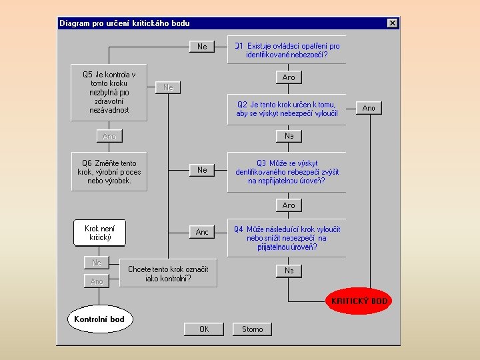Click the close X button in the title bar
pos(392,23)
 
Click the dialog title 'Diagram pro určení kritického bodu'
pos(125,23)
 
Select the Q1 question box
pos(287,50)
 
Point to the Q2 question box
pos(287,109)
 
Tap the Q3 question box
pos(287,171)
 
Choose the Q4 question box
pos(287,238)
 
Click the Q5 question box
pos(109,92)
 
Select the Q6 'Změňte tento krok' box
pos(109,171)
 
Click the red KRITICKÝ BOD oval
pos(359,301)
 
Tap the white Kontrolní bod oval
pos(99,319)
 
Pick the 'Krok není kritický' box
pos(99,233)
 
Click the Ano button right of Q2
pos(369,108)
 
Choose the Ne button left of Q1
pos(202,47)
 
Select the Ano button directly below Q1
pos(289,77)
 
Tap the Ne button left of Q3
pos(202,170)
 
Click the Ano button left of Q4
pos(202,232)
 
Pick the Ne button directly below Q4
pos(289,271)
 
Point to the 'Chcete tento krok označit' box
pos(168,273)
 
